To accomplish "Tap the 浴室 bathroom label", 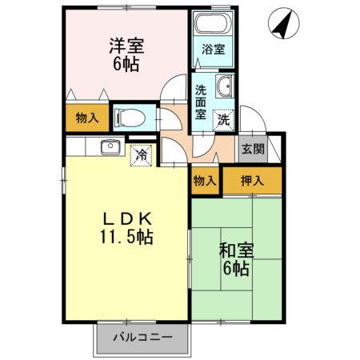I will (x=213, y=49).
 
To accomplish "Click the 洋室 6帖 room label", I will (x=124, y=54).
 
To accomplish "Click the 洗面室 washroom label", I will (x=201, y=102).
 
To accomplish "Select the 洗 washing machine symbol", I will (x=225, y=119).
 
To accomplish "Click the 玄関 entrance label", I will (x=253, y=149).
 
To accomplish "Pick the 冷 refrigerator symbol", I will (x=141, y=153).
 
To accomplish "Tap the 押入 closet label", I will (x=252, y=181).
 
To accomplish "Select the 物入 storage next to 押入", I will (x=205, y=181).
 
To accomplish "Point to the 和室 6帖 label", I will (x=236, y=259).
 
